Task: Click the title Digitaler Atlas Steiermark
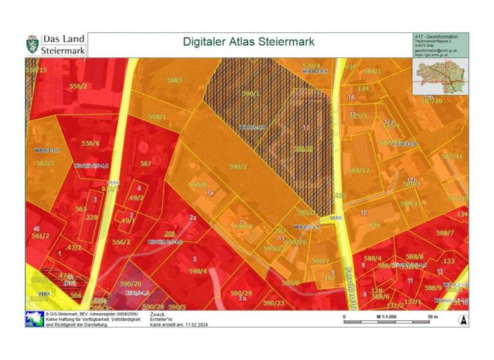[x=248, y=42]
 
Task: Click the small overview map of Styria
[x=440, y=73]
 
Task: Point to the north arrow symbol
[x=461, y=319]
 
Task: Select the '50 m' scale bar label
[x=432, y=317]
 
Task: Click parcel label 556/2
[x=78, y=86]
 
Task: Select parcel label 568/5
[x=175, y=80]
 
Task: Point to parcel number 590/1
[x=251, y=94]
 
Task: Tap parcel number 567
[x=146, y=164]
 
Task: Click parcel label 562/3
[x=44, y=163]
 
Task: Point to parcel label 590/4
[x=197, y=271]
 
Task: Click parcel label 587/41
[x=452, y=156]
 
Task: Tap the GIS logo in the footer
[x=34, y=319]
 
